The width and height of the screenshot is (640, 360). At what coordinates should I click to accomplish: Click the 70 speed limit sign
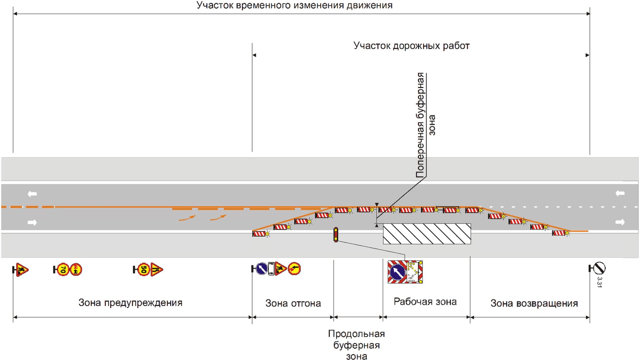63,270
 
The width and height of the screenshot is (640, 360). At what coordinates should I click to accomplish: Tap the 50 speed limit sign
143,270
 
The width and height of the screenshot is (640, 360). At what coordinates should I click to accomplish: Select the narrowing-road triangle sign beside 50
157,270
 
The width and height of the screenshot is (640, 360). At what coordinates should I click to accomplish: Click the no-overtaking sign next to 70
76,270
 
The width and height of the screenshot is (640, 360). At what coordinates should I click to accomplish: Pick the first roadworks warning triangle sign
22,270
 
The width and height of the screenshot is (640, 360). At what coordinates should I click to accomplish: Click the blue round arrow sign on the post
261,269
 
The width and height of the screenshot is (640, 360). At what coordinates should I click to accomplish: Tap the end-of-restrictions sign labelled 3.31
599,268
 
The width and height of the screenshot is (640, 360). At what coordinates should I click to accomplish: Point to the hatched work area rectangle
427,234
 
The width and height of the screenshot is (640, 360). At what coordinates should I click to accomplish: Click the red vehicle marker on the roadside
335,235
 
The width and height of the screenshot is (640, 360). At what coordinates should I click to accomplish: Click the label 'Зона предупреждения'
130,303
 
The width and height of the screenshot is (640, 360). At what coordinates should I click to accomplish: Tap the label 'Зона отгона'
293,303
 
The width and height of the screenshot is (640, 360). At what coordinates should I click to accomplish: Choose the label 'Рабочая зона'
425,302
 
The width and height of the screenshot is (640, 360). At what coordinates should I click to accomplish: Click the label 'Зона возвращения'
534,303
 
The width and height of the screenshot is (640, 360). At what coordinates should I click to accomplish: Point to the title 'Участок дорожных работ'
411,46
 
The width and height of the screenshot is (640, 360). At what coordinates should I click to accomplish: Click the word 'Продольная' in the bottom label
356,334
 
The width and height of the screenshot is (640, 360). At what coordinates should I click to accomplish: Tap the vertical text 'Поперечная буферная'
421,125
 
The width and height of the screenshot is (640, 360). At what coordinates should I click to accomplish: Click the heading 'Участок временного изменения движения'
294,5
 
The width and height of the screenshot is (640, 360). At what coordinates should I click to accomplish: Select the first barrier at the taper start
260,234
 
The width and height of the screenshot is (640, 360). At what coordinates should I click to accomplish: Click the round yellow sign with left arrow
294,269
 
